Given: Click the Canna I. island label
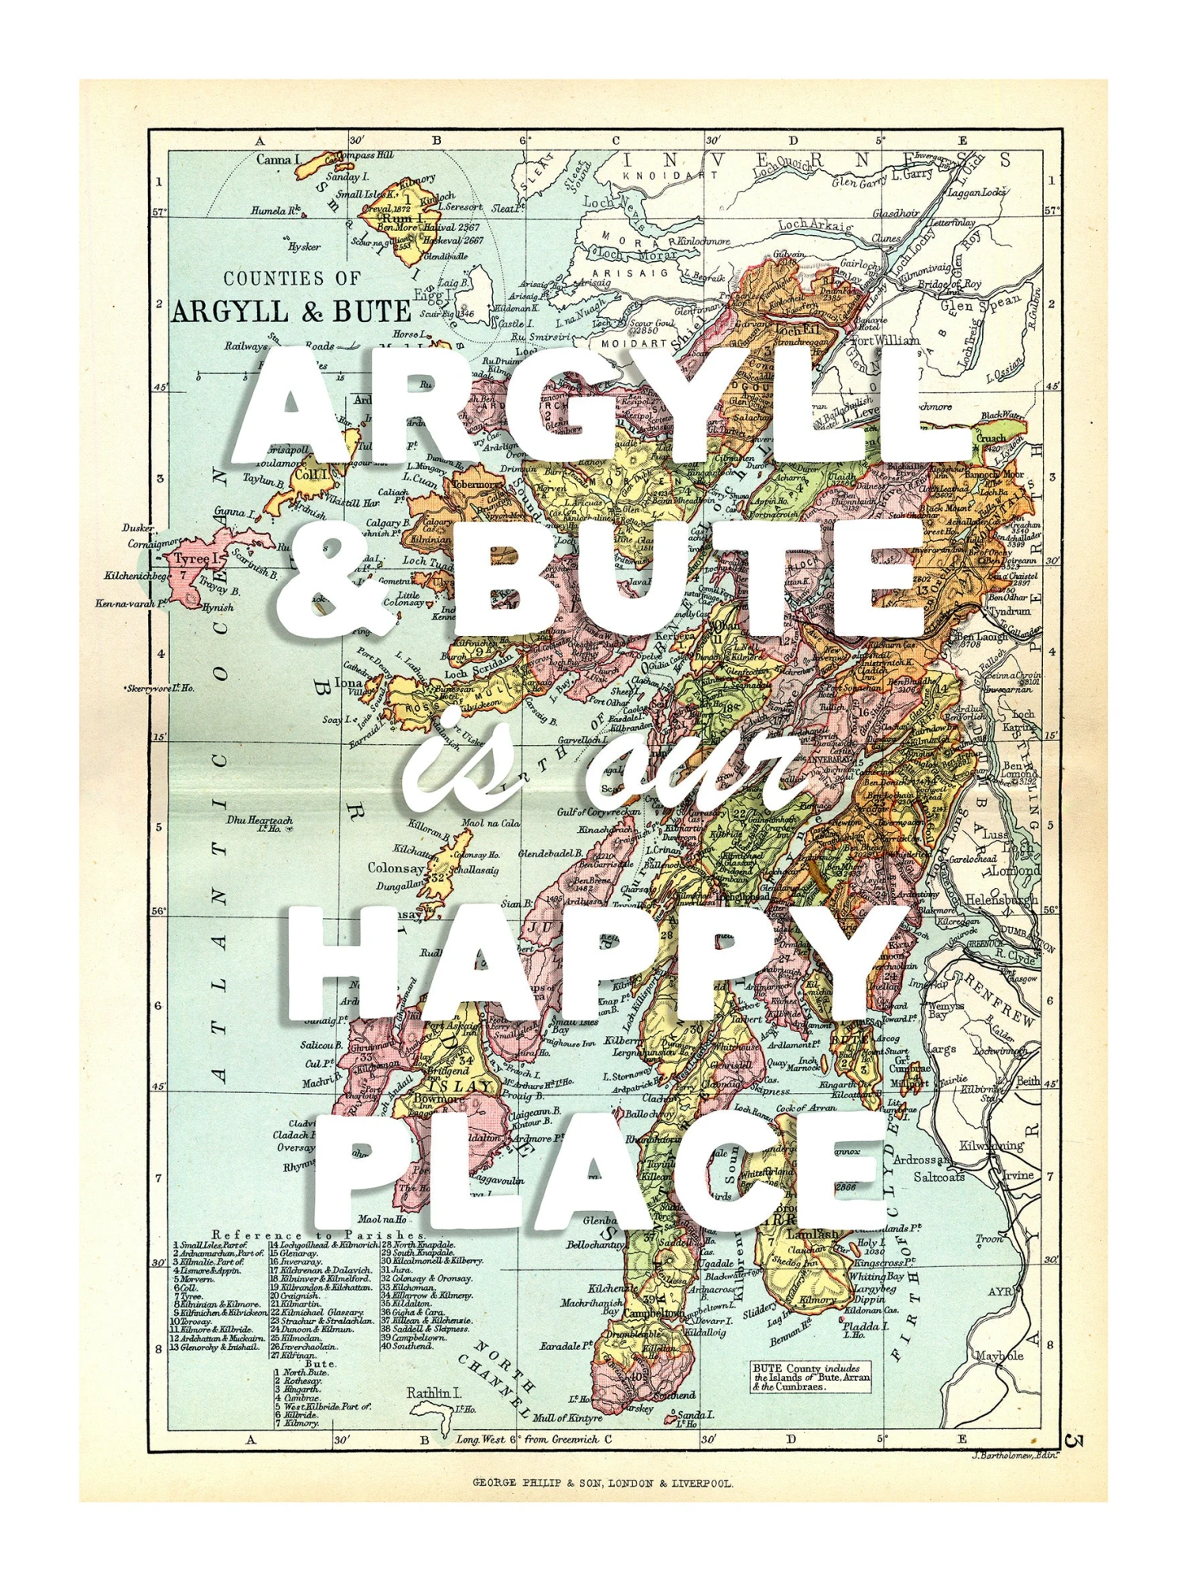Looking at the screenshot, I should [278, 160].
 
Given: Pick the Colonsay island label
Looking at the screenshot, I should [396, 868].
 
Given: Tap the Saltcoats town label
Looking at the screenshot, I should [939, 1177].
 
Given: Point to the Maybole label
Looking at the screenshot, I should [999, 1356].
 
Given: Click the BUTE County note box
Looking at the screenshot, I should [811, 1377].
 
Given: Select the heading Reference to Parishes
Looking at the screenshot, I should [320, 1235].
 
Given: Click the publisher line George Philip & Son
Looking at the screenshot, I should [602, 1484].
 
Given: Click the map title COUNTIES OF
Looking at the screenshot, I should [292, 278].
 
